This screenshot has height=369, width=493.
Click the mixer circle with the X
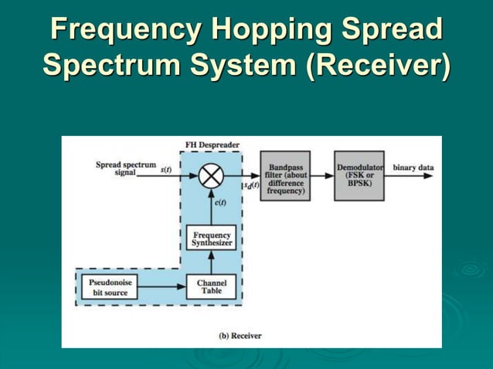(x=210, y=176)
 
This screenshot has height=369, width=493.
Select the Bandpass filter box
(x=285, y=176)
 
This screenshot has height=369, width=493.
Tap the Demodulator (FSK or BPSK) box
(x=359, y=176)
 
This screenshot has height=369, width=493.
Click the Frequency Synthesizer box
(x=212, y=239)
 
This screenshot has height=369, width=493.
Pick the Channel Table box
(x=212, y=287)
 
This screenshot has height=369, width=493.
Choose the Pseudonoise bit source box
(x=109, y=287)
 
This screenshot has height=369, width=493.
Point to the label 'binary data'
(x=413, y=168)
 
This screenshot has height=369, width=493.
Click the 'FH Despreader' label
(x=212, y=144)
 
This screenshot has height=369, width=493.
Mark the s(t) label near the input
(x=166, y=169)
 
